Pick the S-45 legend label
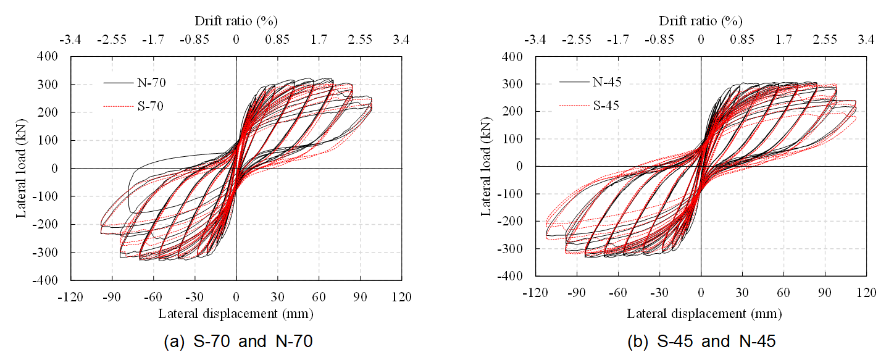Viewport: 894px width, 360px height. [605, 105]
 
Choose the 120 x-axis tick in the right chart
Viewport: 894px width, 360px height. [866, 291]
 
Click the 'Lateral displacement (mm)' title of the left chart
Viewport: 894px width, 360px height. [236, 314]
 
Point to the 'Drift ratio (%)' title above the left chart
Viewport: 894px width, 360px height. [236, 20]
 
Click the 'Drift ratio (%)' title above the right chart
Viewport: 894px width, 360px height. [701, 20]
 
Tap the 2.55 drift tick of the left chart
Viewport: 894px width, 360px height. [360, 40]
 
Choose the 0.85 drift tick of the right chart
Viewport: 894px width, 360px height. [742, 40]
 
